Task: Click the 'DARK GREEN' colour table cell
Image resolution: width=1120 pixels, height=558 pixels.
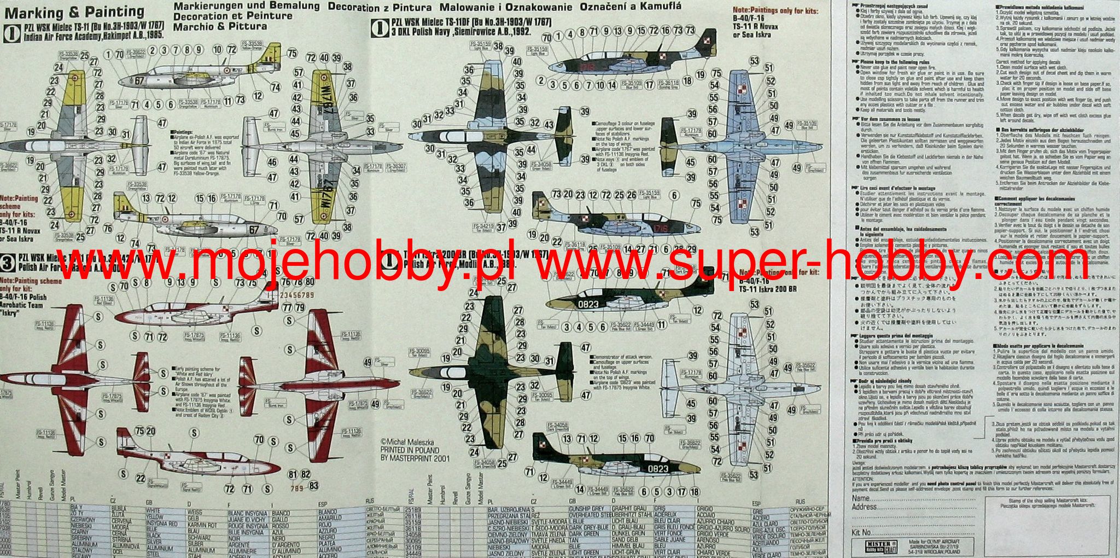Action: click(x=584, y=533)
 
